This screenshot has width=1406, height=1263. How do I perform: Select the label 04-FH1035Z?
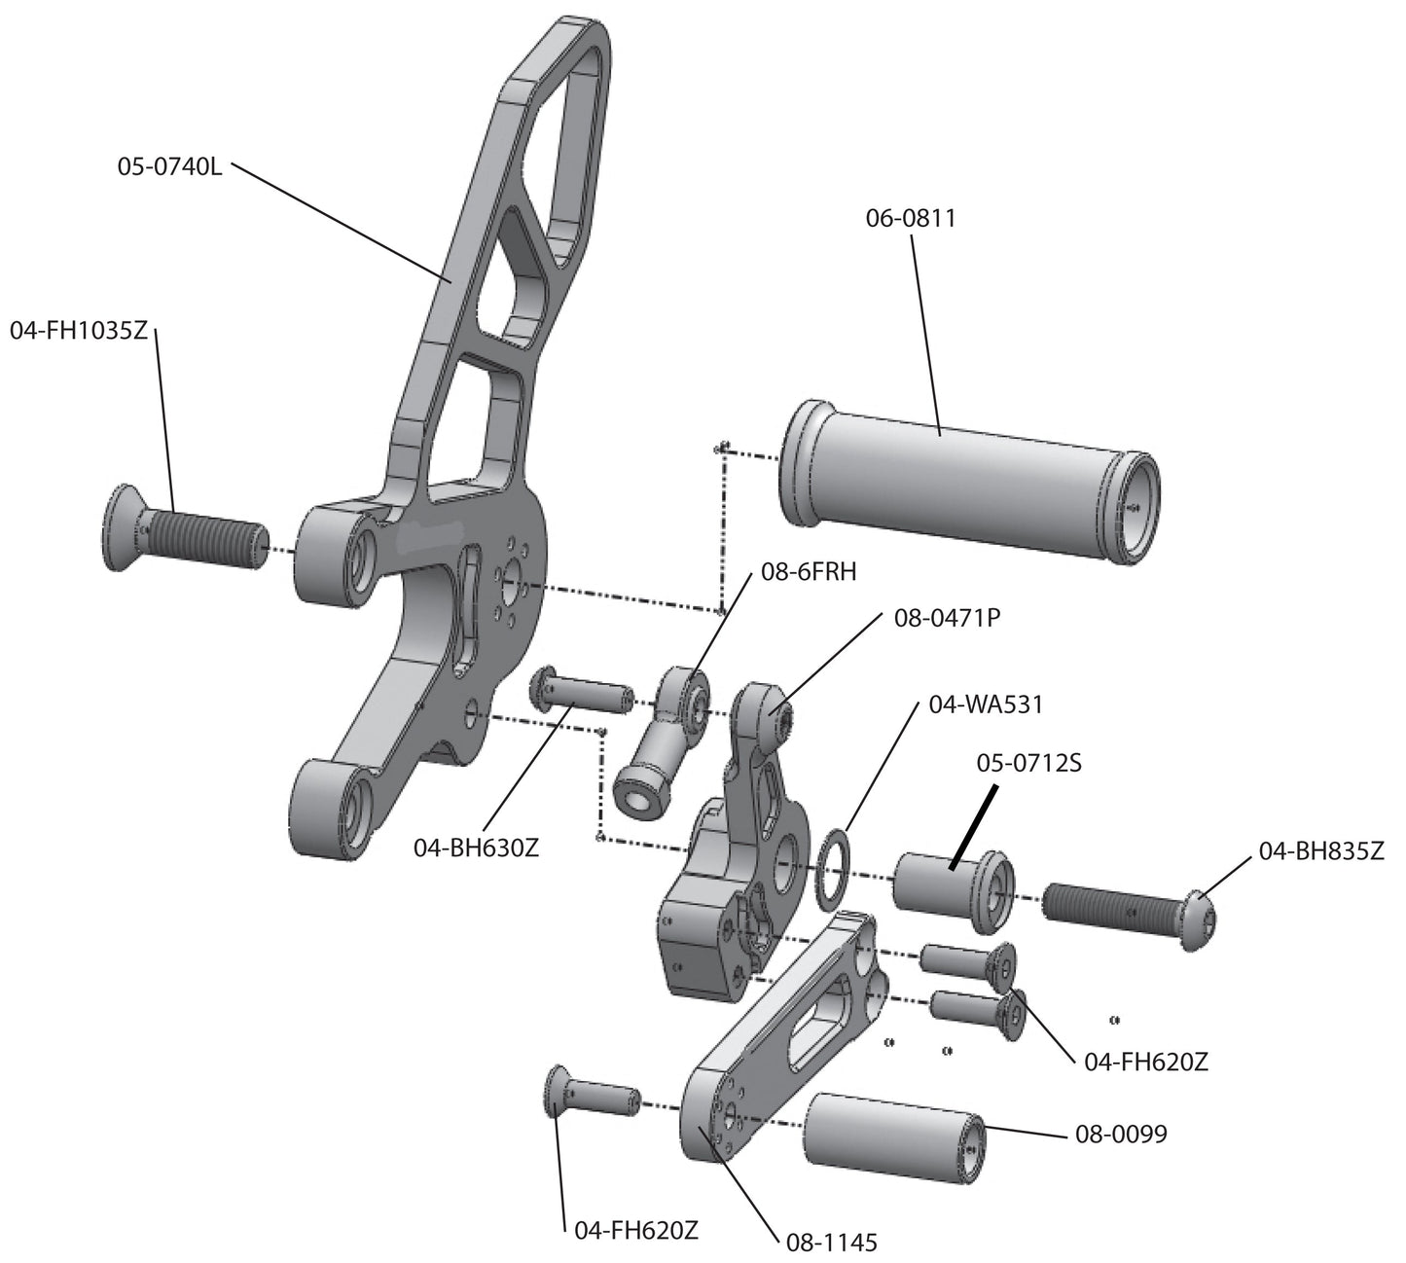click(79, 330)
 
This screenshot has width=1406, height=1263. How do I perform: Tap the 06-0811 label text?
click(911, 219)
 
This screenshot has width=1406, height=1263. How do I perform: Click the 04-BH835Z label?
click(1320, 851)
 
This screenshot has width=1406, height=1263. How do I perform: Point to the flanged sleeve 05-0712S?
click(954, 884)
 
